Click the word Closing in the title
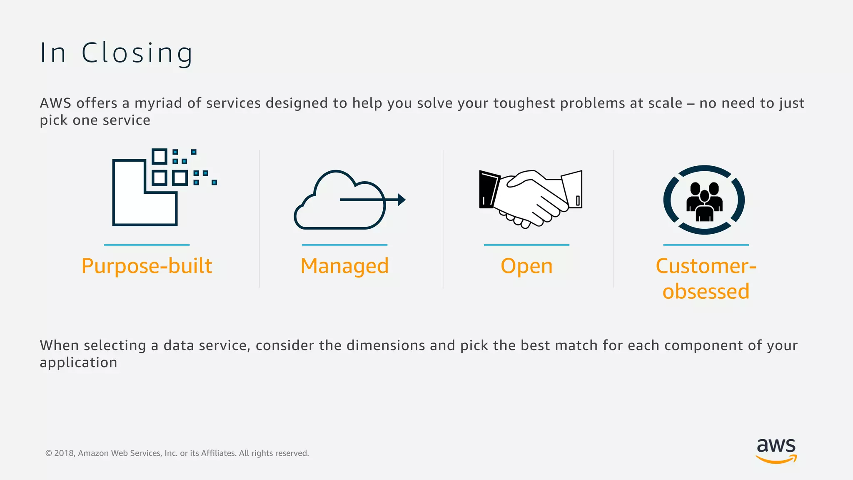[137, 53]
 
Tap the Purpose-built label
[147, 266]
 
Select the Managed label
[344, 266]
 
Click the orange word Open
[526, 266]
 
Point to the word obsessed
[706, 291]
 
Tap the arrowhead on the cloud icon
[401, 200]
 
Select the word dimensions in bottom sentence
[386, 345]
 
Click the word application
[78, 362]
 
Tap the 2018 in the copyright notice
[64, 453]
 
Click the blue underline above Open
[526, 245]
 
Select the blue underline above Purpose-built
[147, 245]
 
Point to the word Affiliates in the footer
[218, 453]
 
